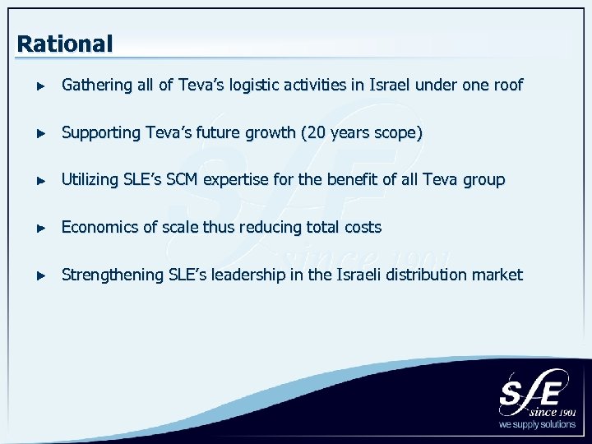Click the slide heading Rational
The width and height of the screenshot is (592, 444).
64,44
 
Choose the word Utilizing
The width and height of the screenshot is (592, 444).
90,180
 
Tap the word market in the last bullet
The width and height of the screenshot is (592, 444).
497,275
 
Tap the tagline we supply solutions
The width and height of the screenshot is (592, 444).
537,425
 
